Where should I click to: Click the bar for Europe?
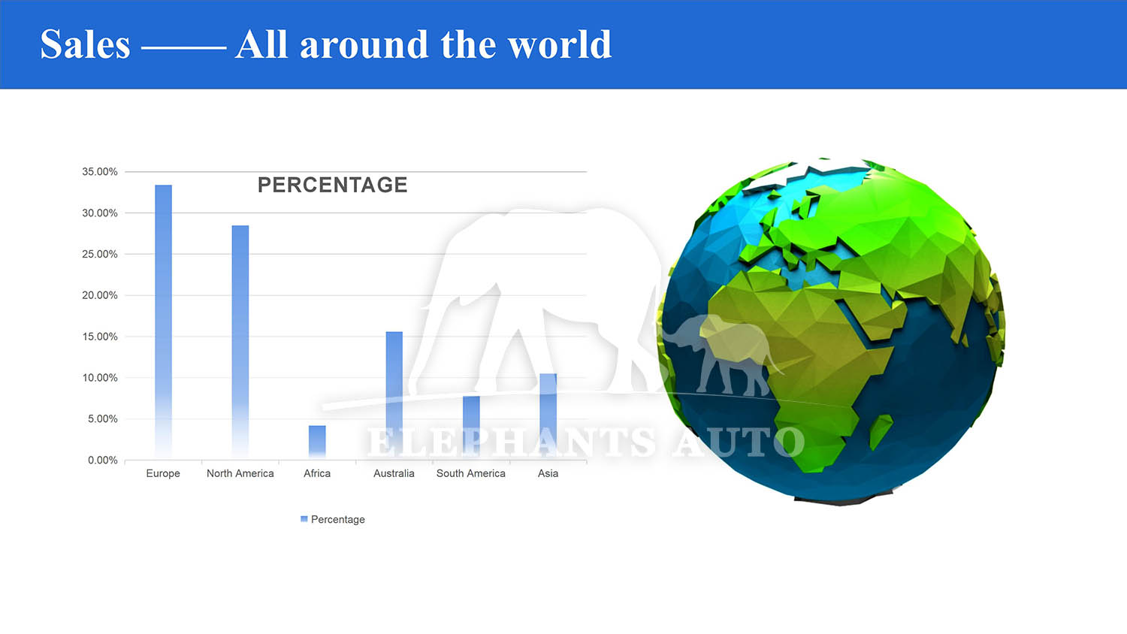[164, 322]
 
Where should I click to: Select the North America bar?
[240, 342]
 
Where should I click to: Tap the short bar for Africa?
[318, 442]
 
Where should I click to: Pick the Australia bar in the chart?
[394, 395]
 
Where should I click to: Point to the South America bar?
[471, 427]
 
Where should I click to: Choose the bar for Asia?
[548, 417]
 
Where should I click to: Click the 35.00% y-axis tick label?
[100, 171]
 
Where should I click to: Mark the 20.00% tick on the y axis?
[100, 295]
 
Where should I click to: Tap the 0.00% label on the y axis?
[103, 460]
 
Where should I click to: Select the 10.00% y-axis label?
[100, 378]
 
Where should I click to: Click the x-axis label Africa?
[317, 473]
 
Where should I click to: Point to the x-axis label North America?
[240, 473]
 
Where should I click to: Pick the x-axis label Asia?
[548, 473]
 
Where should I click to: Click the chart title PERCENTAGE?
[333, 186]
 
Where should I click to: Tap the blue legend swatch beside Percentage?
[304, 519]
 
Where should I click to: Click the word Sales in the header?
[86, 44]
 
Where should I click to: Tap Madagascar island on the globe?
[881, 431]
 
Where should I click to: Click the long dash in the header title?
[183, 48]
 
